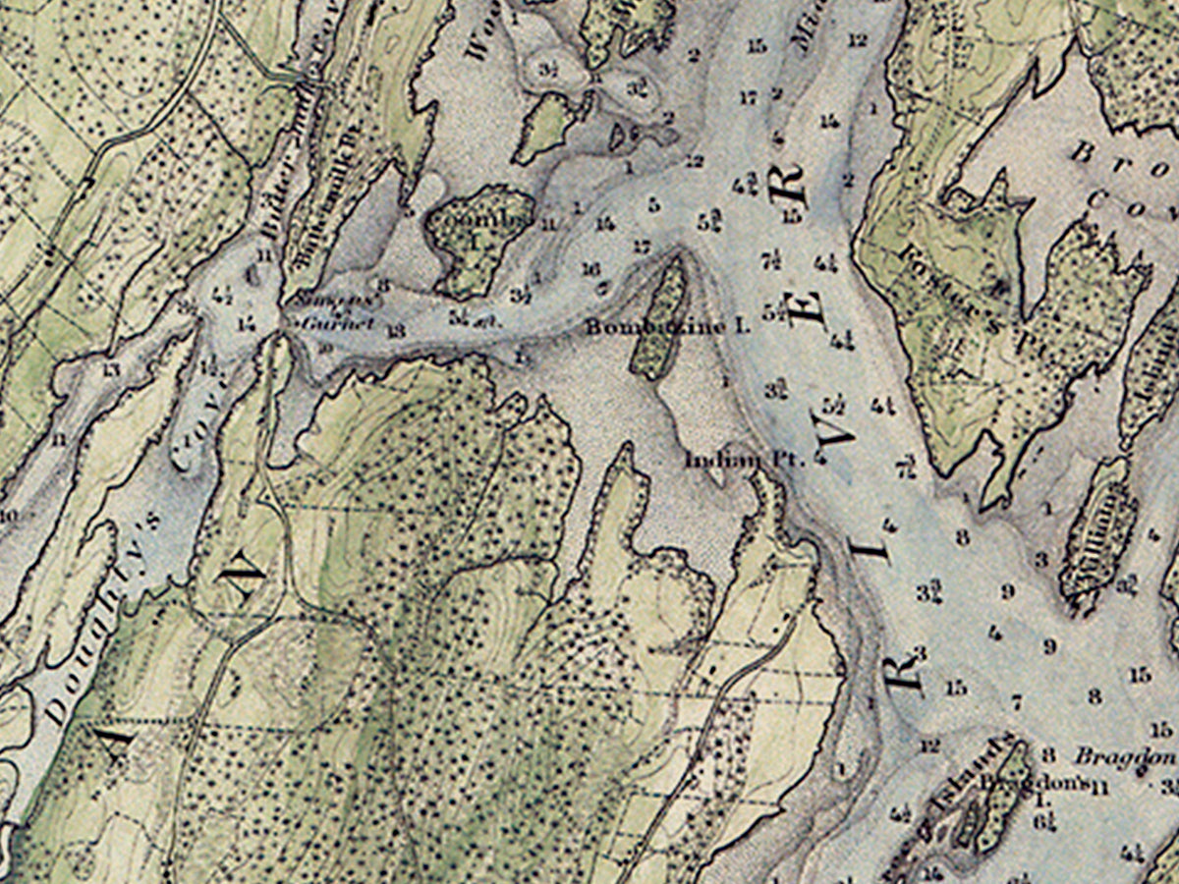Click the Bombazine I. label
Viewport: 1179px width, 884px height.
pos(668,326)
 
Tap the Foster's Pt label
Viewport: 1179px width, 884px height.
pos(958,275)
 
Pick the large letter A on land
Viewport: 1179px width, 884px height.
pos(111,744)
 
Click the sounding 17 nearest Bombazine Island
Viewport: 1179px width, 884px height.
pos(642,247)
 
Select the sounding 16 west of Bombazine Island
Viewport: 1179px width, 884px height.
pos(590,268)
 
